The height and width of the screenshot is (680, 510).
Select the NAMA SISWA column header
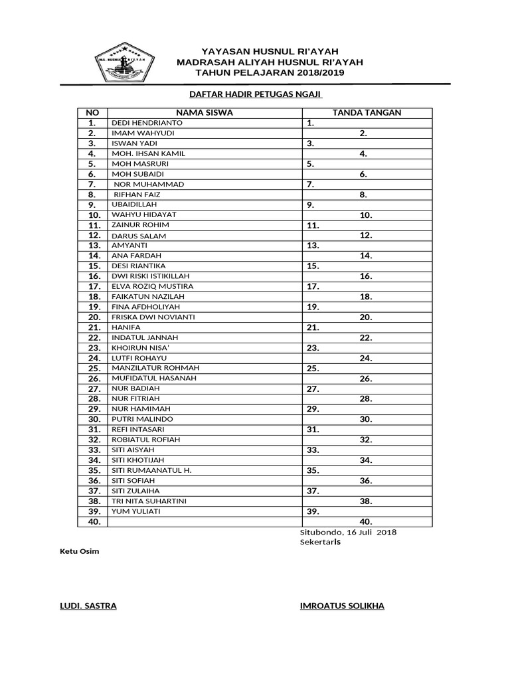(204, 113)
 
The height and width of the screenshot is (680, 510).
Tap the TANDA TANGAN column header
(367, 113)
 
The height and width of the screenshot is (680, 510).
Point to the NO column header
(92, 113)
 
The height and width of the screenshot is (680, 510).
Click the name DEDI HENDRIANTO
(146, 123)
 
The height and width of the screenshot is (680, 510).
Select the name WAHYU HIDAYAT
(144, 215)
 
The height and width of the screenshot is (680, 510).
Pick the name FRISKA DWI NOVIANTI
(153, 317)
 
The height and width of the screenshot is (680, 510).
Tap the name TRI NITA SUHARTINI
(149, 501)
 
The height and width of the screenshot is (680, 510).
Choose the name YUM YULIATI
(135, 511)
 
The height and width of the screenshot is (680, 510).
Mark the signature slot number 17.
(313, 287)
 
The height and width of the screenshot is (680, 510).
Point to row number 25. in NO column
(93, 369)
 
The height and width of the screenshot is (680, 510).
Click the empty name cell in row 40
(204, 522)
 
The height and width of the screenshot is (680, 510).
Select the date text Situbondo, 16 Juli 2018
(348, 533)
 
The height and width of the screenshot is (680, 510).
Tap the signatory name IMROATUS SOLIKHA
(342, 606)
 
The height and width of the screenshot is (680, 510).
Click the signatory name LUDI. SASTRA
(88, 606)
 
